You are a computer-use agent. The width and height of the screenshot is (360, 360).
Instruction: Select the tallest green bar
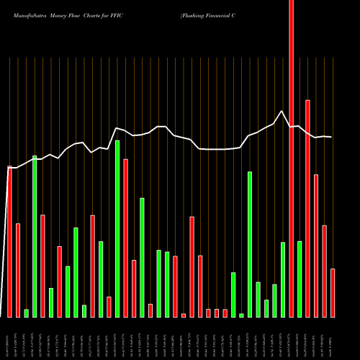pyautogui.click(x=117, y=229)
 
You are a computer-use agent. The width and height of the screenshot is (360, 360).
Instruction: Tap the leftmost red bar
pyautogui.click(x=10, y=242)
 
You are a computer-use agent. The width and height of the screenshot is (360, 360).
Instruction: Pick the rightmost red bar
pyautogui.click(x=333, y=293)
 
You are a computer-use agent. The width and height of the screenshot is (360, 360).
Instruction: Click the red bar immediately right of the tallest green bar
pyautogui.click(x=126, y=238)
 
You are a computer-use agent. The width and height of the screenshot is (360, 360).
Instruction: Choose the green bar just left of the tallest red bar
pyautogui.click(x=283, y=279)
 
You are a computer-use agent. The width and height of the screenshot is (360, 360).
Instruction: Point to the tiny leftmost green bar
pyautogui.click(x=27, y=313)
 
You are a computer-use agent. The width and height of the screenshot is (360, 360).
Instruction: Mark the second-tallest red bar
pyautogui.click(x=307, y=209)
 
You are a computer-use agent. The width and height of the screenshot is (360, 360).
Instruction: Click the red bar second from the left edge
pyautogui.click(x=18, y=271)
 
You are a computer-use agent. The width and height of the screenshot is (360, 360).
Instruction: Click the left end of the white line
pyautogui.click(x=9, y=168)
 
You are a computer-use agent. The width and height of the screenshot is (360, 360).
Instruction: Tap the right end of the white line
pyautogui.click(x=332, y=137)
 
